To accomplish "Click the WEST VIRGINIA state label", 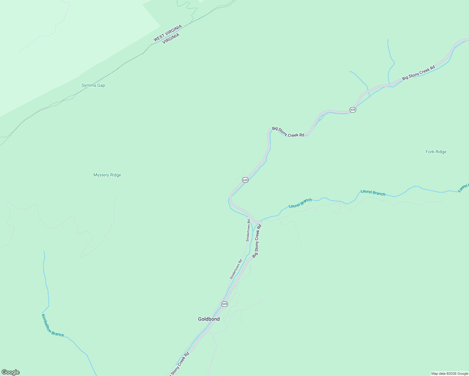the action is coord(167,33).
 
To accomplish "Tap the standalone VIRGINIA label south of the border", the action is coord(171,39).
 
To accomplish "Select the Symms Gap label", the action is coord(93,85).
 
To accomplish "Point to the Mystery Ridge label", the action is coord(107,175).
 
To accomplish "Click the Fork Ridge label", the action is coord(436,152).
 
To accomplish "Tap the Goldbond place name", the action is coord(209,319).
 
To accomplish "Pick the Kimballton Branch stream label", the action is coord(53,326).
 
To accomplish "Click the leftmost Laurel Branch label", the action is coord(300,203).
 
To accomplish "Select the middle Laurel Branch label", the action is coord(373,193).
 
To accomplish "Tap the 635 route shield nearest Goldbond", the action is coord(224,304).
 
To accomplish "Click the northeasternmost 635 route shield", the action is coord(353,110).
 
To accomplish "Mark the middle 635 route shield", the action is coord(245,180).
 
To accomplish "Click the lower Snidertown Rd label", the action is coord(236,269).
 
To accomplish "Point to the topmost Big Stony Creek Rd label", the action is coord(419,72).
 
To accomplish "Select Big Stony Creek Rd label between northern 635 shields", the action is coord(288,132).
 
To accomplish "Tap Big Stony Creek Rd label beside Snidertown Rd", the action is coord(257,241).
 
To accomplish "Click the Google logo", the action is coord(11,372).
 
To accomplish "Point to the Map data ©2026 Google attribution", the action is coord(449,373).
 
